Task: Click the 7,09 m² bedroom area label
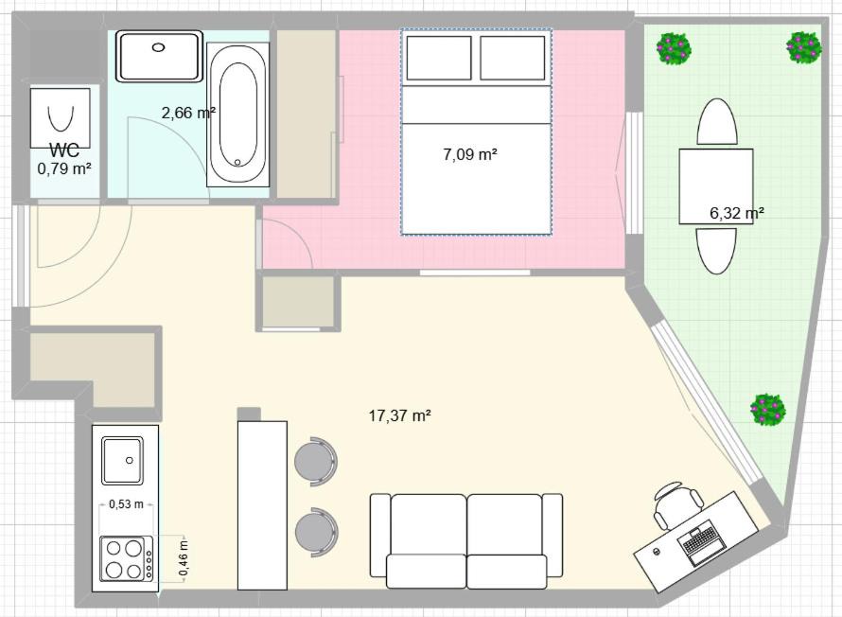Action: point(470,154)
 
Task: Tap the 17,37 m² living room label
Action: point(400,415)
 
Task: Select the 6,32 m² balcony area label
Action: point(737,214)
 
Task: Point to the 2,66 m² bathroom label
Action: point(188,113)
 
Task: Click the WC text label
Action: point(64,150)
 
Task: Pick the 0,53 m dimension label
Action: point(126,504)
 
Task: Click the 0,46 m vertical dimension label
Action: point(184,558)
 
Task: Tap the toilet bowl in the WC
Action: point(61,118)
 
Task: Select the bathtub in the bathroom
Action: point(237,115)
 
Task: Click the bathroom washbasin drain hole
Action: point(158,47)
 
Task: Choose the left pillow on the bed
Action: point(439,58)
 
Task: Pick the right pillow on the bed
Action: point(512,58)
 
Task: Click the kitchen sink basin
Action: point(122,460)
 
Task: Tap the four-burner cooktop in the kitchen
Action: point(126,558)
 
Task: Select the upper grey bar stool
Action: point(316,462)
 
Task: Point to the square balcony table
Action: point(716,186)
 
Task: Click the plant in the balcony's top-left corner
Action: point(674,48)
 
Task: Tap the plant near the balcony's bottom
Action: point(768,411)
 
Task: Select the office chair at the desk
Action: point(676,502)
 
